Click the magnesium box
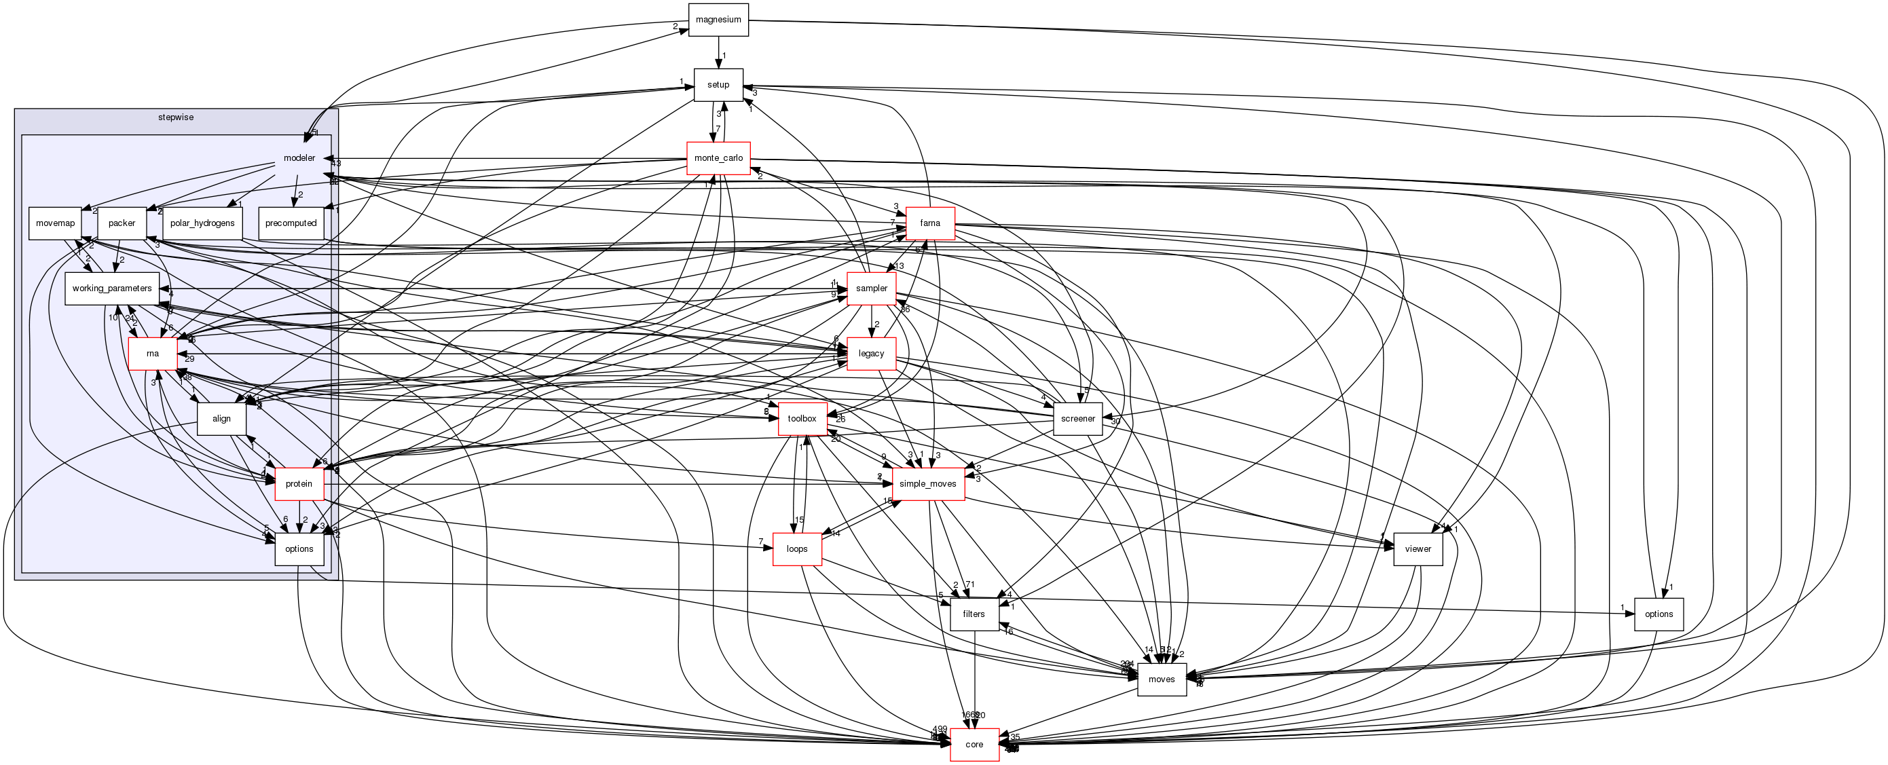coord(718,20)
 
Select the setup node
coord(718,85)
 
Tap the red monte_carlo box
coord(718,158)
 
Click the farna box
coord(929,223)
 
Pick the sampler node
coord(871,288)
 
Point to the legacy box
coord(871,354)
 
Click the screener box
coord(1077,419)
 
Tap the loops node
coord(797,549)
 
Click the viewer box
coord(1418,549)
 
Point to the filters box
coord(974,614)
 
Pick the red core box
coord(974,745)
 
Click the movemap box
coord(55,223)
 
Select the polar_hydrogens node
coord(202,223)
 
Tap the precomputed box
coord(291,223)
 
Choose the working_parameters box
coord(111,288)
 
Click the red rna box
coord(153,354)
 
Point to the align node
coord(221,419)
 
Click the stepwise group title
coord(176,117)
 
